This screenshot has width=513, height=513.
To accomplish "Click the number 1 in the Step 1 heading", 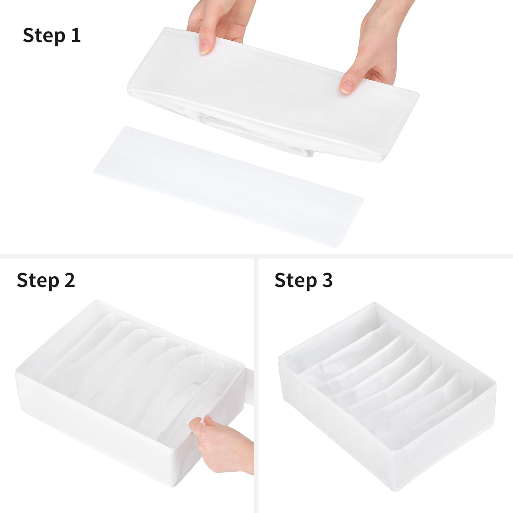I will [75, 36].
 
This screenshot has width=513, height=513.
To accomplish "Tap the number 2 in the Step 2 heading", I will [68, 280].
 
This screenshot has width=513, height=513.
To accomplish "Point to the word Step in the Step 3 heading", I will [295, 281].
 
